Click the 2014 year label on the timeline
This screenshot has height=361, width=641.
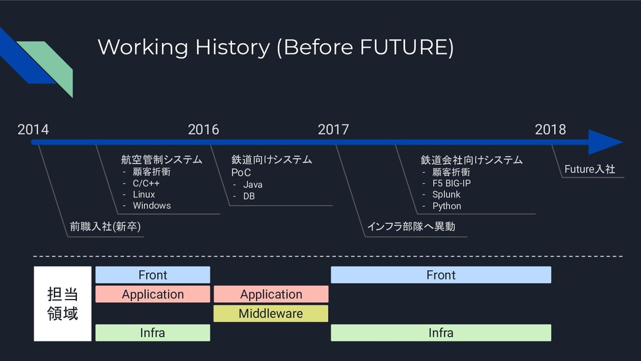(33, 130)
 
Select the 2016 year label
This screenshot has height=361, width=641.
(203, 130)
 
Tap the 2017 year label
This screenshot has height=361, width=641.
(333, 130)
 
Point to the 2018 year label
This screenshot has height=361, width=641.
(550, 130)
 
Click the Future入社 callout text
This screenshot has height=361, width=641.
(590, 169)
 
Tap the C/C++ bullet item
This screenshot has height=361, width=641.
(146, 183)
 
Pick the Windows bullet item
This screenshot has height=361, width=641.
(151, 206)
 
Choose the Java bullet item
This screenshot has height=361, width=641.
(253, 185)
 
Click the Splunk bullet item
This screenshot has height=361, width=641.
(446, 194)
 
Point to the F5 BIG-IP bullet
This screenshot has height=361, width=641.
(451, 183)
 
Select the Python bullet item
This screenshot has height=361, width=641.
(446, 206)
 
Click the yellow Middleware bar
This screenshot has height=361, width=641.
(270, 313)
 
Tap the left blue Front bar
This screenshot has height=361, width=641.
(153, 275)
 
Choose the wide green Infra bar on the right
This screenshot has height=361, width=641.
(441, 333)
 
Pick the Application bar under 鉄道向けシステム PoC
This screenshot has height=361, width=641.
(270, 294)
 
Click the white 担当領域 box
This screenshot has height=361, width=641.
(63, 304)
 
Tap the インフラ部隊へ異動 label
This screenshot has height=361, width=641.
(411, 226)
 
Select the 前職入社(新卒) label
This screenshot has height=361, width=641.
(105, 226)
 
